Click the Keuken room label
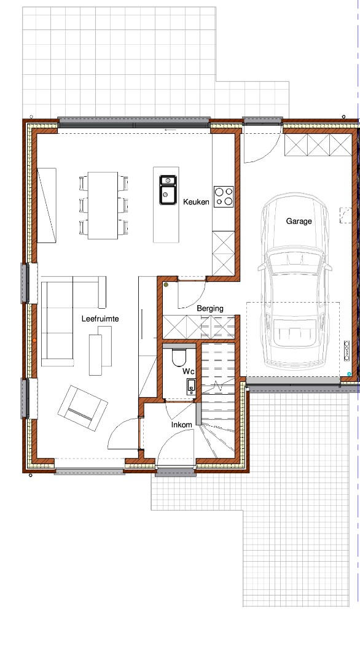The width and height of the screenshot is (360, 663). click(x=196, y=202)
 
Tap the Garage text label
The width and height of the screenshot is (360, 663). click(x=299, y=221)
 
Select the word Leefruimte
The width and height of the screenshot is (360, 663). click(x=100, y=319)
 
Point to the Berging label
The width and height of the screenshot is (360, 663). click(x=210, y=309)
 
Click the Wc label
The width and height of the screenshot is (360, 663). click(x=188, y=371)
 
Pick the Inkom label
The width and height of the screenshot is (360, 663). click(x=181, y=425)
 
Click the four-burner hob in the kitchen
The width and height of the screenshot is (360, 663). click(x=224, y=196)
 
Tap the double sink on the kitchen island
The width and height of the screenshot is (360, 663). click(x=168, y=190)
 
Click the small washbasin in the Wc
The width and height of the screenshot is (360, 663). click(x=191, y=387)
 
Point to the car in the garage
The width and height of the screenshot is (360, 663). click(x=295, y=281)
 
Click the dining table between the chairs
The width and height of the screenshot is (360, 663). click(x=103, y=206)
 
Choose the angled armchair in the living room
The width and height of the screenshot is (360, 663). click(x=82, y=408)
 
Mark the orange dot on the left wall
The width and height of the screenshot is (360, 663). click(x=34, y=340)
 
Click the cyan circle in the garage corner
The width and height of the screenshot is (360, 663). click(x=349, y=374)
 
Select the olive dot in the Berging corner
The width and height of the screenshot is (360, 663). click(x=166, y=285)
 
